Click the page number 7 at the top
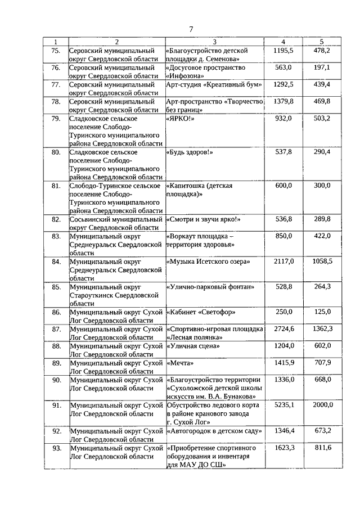click(191, 29)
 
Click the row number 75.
click(56, 51)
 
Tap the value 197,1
click(322, 67)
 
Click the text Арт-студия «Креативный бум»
click(214, 84)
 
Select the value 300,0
click(322, 186)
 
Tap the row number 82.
click(56, 219)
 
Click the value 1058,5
click(322, 262)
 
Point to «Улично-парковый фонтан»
click(208, 287)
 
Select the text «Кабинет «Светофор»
click(201, 312)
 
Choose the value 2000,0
click(322, 404)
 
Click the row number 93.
click(56, 448)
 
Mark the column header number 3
click(215, 42)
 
